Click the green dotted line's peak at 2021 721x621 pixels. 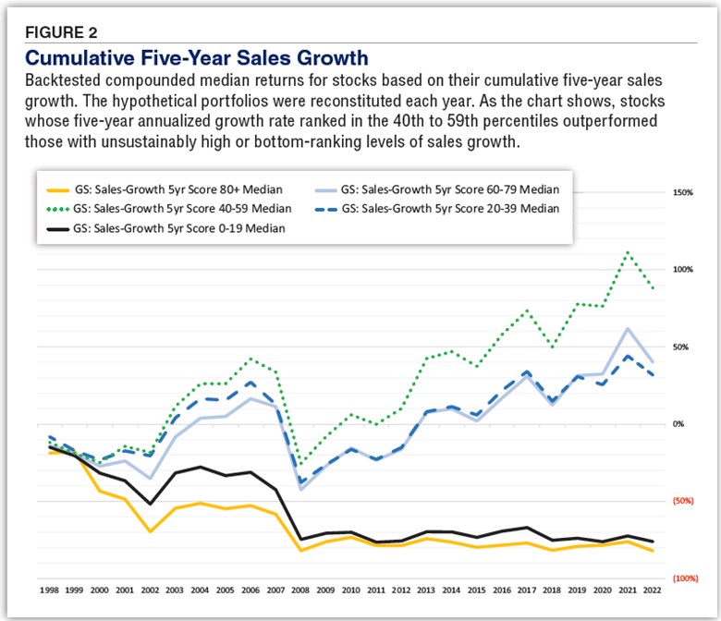coord(629,251)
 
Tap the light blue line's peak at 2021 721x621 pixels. coord(629,329)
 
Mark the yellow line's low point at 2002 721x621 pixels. coord(150,531)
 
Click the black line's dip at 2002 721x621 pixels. coord(150,504)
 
